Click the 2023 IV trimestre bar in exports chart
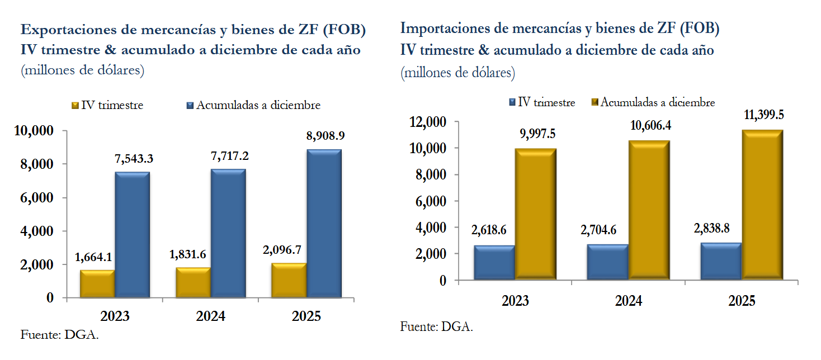pyautogui.click(x=97, y=284)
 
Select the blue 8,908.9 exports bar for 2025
pyautogui.click(x=324, y=224)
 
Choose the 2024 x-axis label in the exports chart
pyautogui.click(x=210, y=316)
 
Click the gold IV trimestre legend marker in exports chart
pyautogui.click(x=75, y=105)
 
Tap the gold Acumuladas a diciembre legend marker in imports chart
pyautogui.click(x=594, y=102)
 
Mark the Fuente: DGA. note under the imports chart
pyautogui.click(x=436, y=327)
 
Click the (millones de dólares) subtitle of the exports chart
pyautogui.click(x=82, y=70)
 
